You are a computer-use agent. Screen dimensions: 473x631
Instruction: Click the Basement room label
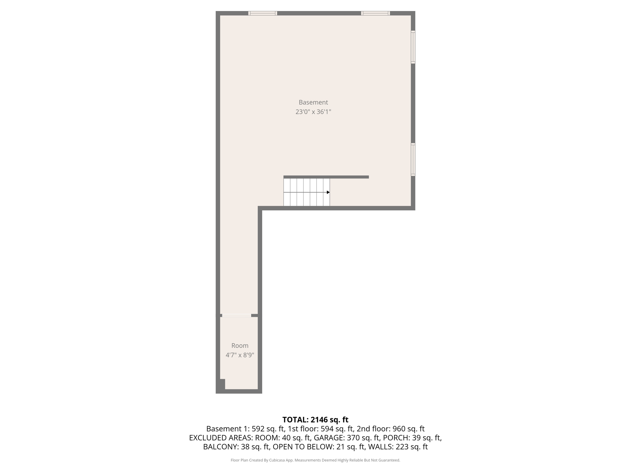[x=313, y=102]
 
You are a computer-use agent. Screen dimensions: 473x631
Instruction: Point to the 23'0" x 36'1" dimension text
[x=313, y=112]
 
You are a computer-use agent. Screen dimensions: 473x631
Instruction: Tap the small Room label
[x=240, y=346]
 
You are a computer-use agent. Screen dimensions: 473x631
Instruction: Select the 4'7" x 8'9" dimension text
[x=240, y=355]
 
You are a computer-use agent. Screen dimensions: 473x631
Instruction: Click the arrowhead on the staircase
[x=328, y=192]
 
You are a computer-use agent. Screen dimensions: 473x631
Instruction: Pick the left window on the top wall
[x=263, y=13]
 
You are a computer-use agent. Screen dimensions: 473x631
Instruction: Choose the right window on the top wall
[x=375, y=13]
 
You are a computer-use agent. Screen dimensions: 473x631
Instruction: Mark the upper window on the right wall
[x=413, y=47]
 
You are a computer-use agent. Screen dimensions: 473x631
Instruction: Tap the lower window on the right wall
[x=413, y=160]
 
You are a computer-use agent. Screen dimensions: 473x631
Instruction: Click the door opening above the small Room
[x=237, y=315]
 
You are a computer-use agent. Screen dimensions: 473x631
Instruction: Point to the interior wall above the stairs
[x=326, y=177]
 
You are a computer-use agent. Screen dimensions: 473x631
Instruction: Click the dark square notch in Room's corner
[x=222, y=384]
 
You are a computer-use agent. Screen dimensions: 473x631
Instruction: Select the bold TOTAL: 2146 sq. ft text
[x=315, y=420]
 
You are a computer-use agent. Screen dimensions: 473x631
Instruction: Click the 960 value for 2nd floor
[x=399, y=429]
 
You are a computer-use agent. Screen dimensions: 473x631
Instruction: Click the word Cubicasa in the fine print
[x=277, y=460]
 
